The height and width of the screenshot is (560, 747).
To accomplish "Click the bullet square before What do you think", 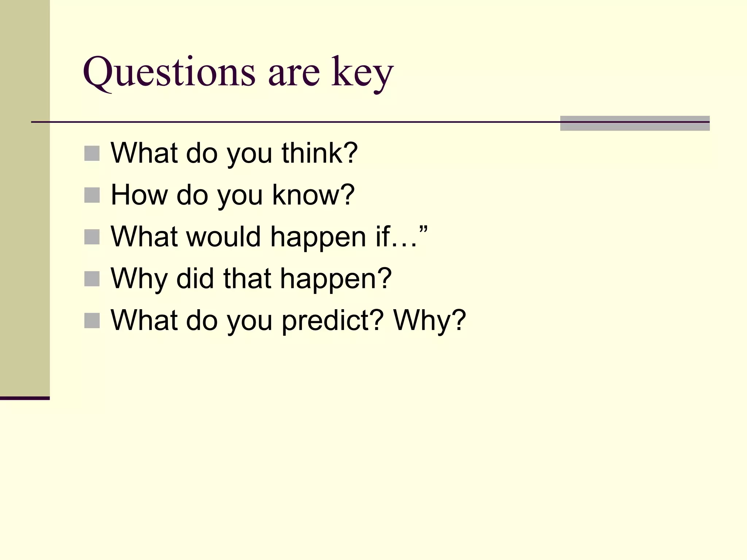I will pos(92,153).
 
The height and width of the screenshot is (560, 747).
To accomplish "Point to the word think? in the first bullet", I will pos(320,153).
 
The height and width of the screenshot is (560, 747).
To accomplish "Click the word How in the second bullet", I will pos(138,195).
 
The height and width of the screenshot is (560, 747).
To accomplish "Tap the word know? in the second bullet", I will pos(313,195).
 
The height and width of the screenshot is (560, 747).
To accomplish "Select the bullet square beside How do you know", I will pos(92,195).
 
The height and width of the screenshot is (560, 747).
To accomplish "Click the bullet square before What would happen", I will pos(92,237).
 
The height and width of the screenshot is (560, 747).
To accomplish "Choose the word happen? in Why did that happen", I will pos(336,279).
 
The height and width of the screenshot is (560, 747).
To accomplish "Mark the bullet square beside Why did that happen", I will pos(92,279).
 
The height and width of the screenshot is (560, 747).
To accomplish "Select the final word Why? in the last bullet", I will pos(430,321).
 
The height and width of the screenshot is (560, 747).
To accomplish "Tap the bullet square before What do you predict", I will pos(92,321).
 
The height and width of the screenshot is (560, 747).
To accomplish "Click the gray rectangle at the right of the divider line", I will pos(635,123).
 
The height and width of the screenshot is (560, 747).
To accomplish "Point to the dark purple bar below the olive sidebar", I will pos(24,398).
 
